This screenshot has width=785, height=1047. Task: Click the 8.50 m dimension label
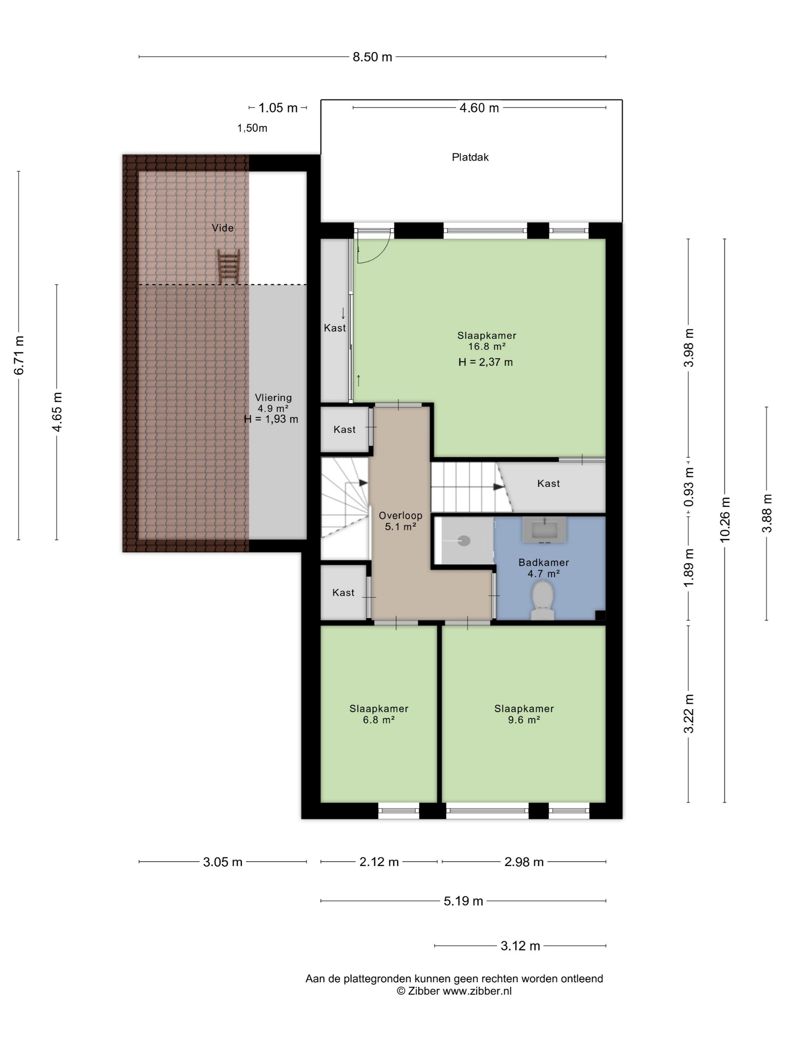tap(372, 57)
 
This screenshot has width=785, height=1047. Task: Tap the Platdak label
tap(470, 157)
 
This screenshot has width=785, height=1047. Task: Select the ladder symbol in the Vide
tap(228, 267)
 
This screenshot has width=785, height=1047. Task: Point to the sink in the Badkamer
tap(544, 529)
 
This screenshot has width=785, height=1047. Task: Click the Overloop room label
tap(400, 515)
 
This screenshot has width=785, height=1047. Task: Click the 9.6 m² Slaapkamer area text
tap(524, 719)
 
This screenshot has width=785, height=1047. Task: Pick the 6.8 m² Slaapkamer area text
tap(379, 719)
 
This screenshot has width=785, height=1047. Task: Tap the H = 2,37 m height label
tap(486, 362)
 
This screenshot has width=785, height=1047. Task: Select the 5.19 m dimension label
tap(463, 901)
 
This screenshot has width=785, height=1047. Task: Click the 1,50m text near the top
tap(252, 128)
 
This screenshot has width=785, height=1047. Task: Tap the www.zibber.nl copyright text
tap(477, 991)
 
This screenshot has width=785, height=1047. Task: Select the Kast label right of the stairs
tap(548, 483)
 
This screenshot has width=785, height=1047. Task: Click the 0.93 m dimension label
tap(689, 486)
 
